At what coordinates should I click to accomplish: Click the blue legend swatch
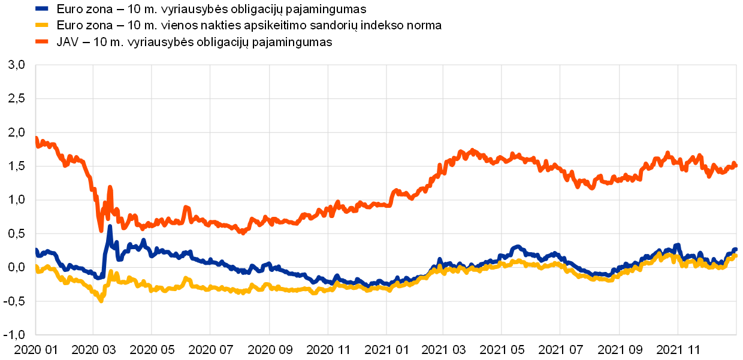click(x=42, y=8)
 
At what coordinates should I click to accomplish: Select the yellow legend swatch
click(x=42, y=25)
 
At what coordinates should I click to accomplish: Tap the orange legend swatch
click(x=42, y=41)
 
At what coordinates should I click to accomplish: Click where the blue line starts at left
click(x=36, y=250)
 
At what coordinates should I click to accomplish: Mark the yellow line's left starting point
click(x=36, y=267)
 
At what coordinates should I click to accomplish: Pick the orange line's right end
click(x=736, y=164)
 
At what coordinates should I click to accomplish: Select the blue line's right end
click(x=736, y=250)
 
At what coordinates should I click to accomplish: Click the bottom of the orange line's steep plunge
click(x=101, y=230)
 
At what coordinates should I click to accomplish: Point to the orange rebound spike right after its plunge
click(x=110, y=187)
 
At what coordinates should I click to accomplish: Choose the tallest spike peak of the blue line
click(x=110, y=226)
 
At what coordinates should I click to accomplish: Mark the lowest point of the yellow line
click(x=101, y=301)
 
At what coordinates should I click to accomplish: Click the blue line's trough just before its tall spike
click(x=100, y=278)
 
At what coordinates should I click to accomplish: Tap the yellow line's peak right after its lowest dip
click(x=111, y=273)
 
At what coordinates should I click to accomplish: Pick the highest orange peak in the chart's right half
click(x=473, y=150)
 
